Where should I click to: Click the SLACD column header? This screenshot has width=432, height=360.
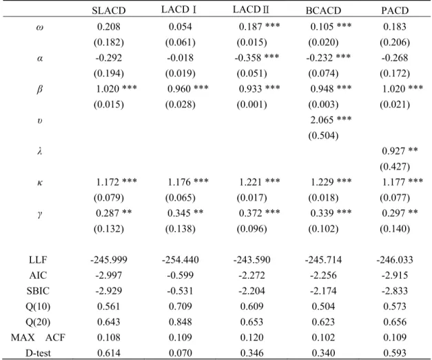[x=109, y=10]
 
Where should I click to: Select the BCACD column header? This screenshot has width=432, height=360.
[x=323, y=10]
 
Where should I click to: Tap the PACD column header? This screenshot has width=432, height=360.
[x=395, y=10]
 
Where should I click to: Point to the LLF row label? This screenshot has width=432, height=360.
[x=38, y=260]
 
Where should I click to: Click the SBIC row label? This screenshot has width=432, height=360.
[x=38, y=291]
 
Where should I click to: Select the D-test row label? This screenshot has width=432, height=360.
[x=38, y=353]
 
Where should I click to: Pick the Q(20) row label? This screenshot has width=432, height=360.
[x=38, y=322]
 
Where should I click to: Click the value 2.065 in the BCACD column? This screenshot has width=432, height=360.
[x=322, y=120]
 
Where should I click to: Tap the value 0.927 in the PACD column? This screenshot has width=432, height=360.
[x=393, y=151]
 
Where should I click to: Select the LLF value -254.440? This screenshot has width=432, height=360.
[x=181, y=260]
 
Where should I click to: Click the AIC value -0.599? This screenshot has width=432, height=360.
[x=181, y=275]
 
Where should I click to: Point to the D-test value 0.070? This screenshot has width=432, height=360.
[x=181, y=353]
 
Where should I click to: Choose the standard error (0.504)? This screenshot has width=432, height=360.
[x=323, y=136]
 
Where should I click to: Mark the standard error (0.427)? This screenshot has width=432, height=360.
[x=395, y=167]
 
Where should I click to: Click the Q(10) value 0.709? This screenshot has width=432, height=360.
[x=181, y=306]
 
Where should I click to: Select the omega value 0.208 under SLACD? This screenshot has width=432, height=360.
[x=109, y=27]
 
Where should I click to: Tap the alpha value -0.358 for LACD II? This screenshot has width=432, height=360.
[x=248, y=58]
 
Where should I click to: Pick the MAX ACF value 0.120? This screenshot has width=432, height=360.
[x=251, y=337]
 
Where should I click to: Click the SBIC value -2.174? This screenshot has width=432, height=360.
[x=323, y=291]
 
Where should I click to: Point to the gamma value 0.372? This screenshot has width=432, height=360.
[x=250, y=213]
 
